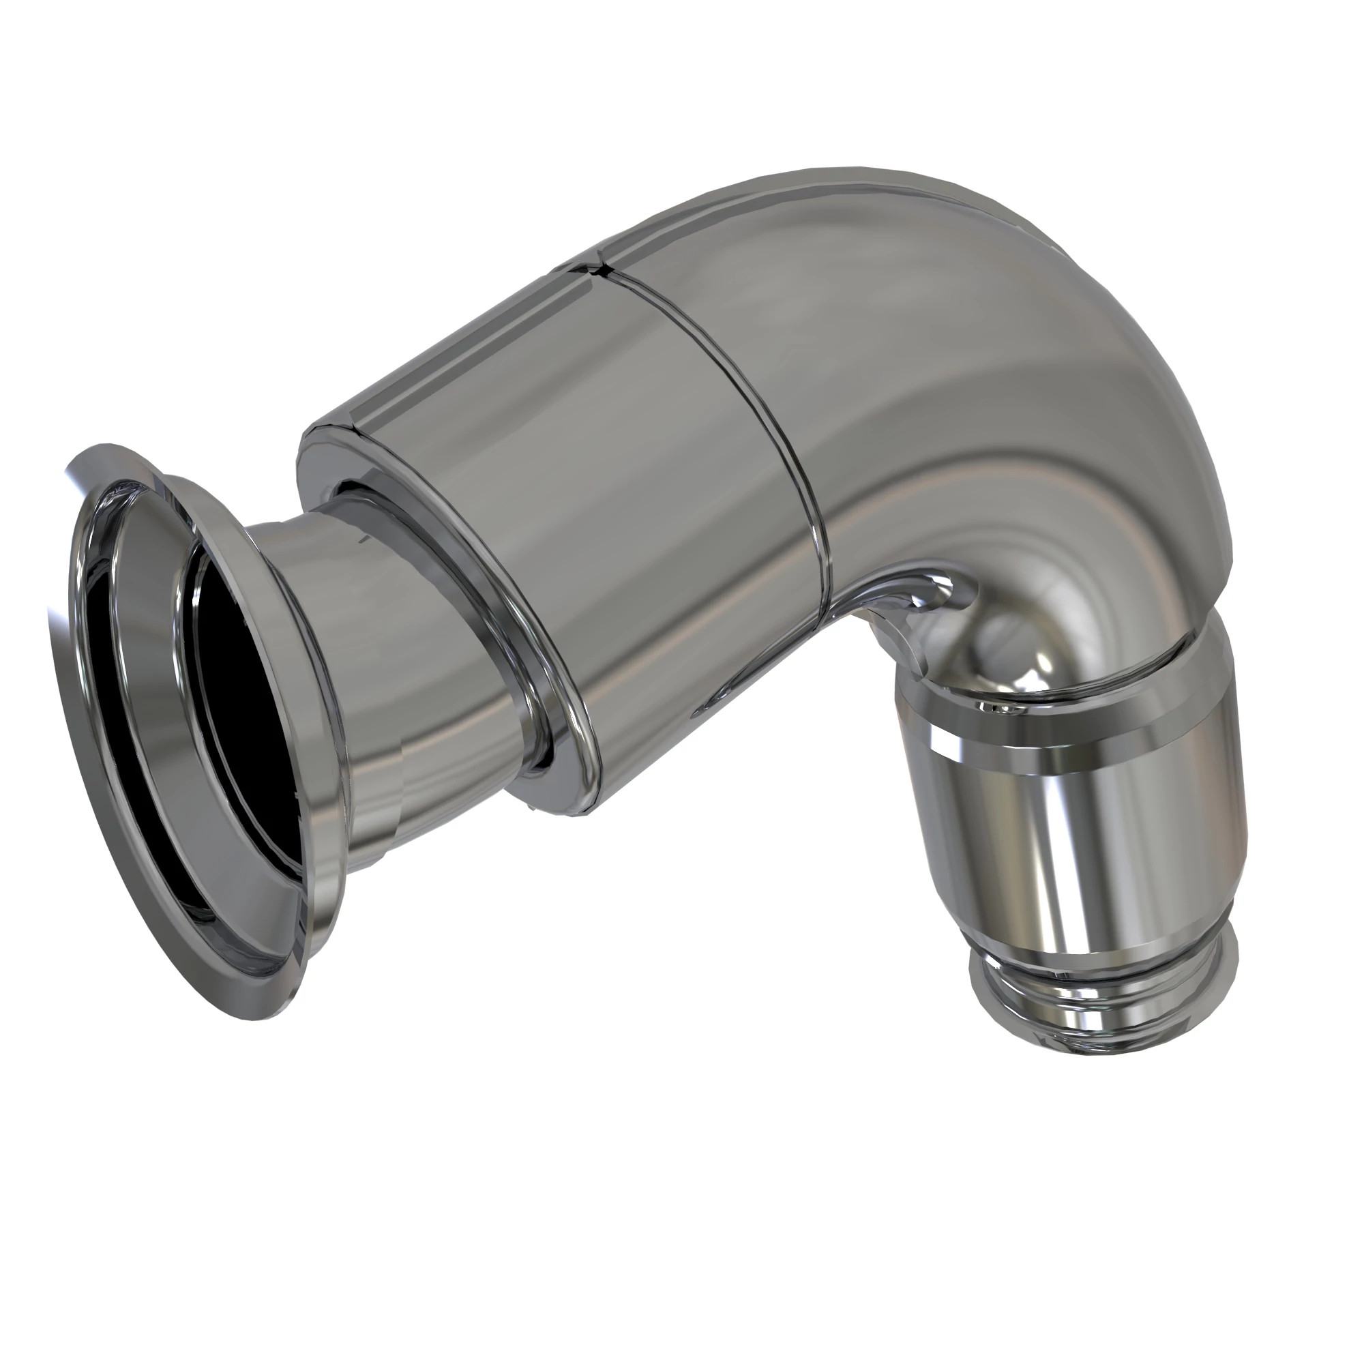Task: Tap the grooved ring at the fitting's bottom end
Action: (1101, 988)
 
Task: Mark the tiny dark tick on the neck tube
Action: (362, 538)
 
